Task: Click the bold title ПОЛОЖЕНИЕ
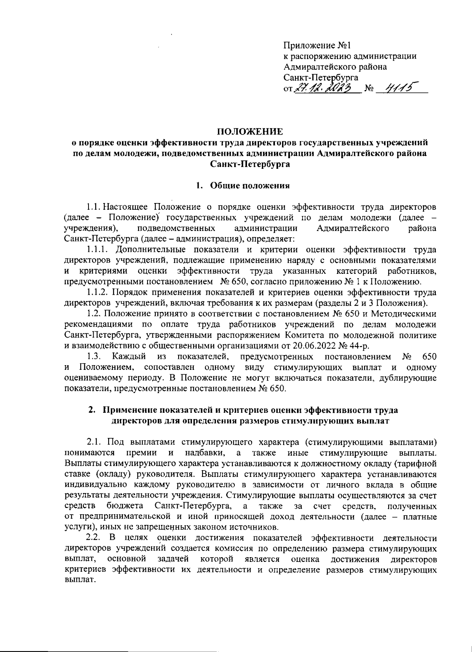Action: click(x=250, y=131)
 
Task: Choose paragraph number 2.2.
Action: click(x=94, y=537)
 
